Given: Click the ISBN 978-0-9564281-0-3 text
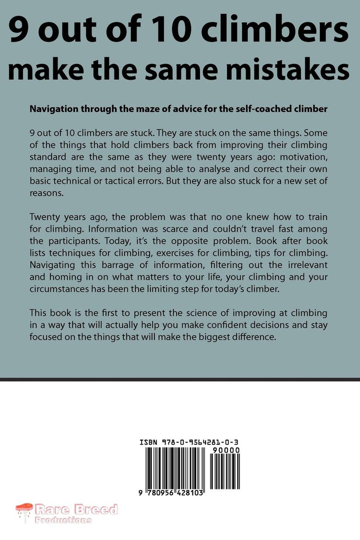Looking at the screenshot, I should pos(190,442).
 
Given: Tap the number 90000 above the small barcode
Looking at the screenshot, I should pos(227,450).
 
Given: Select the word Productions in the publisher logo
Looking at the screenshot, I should pos(63,520).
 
